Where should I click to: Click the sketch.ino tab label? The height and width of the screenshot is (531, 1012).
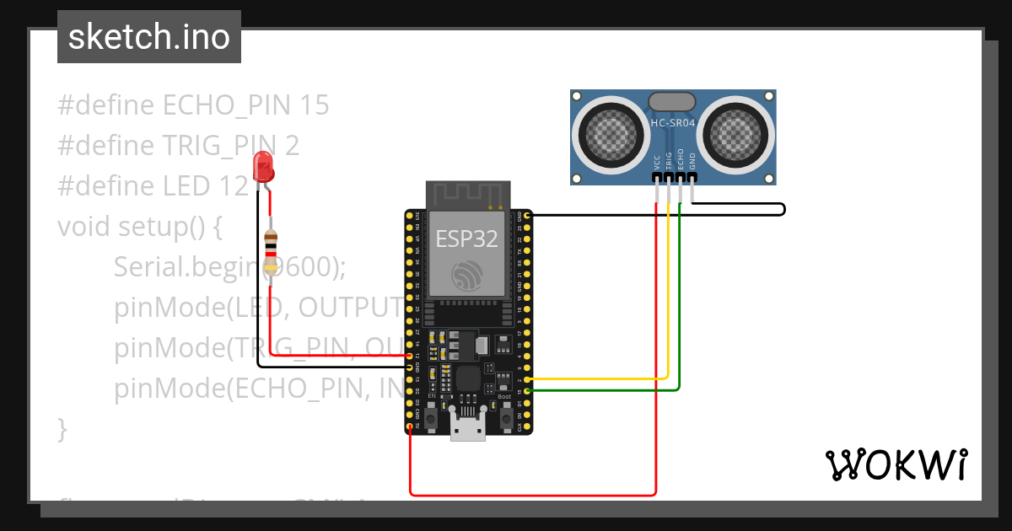pos(148,37)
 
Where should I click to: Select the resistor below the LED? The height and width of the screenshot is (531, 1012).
pos(271,249)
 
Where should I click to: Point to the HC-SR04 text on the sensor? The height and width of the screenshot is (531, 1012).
pos(672,123)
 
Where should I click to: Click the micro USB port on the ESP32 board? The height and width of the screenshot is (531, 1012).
pos(468,427)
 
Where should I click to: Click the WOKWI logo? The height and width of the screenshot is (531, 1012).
pos(896,464)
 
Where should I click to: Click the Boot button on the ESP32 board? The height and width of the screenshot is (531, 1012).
pos(505,419)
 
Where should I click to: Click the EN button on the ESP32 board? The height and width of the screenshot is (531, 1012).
pos(432,419)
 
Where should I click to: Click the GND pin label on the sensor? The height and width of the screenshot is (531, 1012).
pos(692,162)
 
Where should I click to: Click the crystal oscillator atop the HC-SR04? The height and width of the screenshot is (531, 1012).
pos(672,101)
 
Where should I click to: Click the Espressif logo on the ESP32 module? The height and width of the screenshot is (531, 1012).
pos(467,276)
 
